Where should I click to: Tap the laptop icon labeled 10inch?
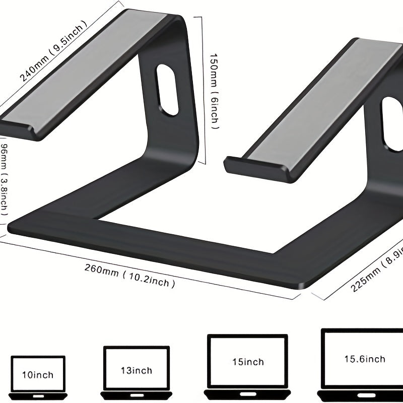click(x=38, y=378)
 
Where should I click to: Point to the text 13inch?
click(x=136, y=370)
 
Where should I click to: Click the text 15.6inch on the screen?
click(x=364, y=359)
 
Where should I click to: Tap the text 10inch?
click(x=38, y=374)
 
